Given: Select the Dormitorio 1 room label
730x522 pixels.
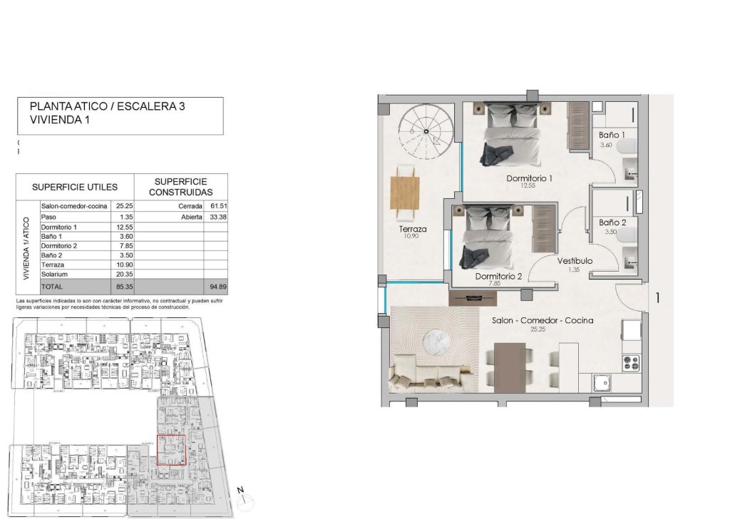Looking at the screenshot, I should pos(530,178).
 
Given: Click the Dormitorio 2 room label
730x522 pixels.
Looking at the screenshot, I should pos(498,276).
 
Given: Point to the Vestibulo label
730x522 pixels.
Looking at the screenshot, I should pos(575,261).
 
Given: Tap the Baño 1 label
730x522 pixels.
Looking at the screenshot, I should pos(612,135).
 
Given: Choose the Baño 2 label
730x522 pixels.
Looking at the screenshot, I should pos(612,222).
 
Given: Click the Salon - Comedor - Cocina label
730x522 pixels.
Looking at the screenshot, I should pos(543,320).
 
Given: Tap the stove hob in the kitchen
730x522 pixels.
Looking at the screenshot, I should pos(631,363).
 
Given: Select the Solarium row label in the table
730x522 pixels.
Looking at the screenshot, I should pos(54,273).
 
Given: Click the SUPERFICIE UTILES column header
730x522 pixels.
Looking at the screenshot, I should pos(75,188).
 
